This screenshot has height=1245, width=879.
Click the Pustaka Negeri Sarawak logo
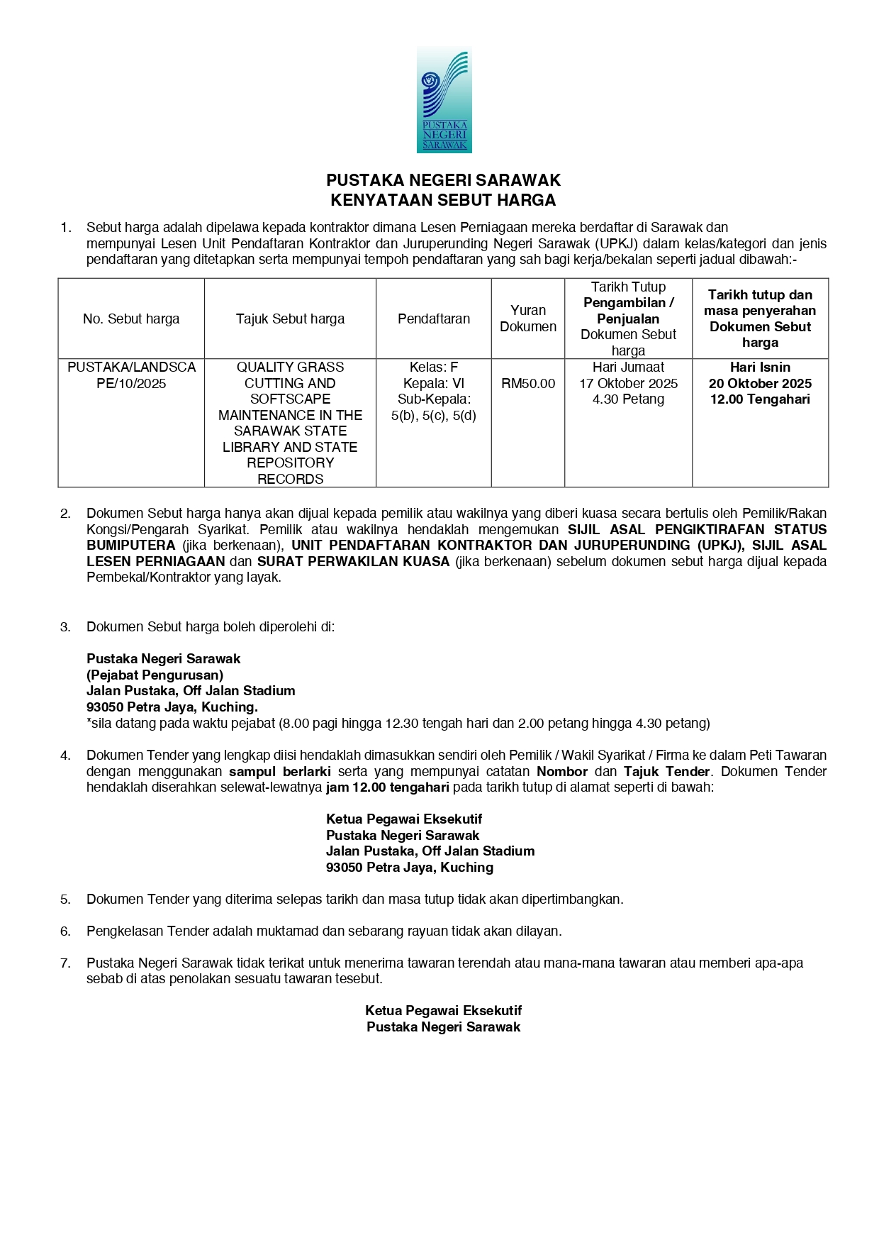(444, 100)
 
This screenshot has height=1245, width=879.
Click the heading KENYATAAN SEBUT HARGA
(443, 200)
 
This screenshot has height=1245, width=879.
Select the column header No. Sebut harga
(131, 319)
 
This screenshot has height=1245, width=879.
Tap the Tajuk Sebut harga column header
(290, 319)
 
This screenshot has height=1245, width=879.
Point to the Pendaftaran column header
(433, 319)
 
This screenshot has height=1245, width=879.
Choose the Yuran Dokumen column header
(528, 319)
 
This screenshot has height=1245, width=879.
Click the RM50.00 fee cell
(528, 384)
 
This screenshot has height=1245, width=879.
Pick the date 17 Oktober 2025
(628, 384)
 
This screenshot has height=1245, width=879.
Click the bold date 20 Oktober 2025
(760, 384)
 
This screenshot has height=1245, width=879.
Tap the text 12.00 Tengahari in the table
(760, 399)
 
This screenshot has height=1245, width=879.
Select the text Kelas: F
(433, 367)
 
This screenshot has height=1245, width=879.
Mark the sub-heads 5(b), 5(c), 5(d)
(433, 416)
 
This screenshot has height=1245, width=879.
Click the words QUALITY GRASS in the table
(290, 367)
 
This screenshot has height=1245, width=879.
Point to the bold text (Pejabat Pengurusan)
(155, 675)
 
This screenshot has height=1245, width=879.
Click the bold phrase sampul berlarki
(280, 771)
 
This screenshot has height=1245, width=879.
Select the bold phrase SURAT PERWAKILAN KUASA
(353, 561)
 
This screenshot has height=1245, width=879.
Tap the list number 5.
(65, 899)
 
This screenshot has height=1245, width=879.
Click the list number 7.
(65, 963)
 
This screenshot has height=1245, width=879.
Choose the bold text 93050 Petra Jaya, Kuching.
(172, 707)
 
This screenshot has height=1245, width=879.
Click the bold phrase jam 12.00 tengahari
(387, 787)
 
